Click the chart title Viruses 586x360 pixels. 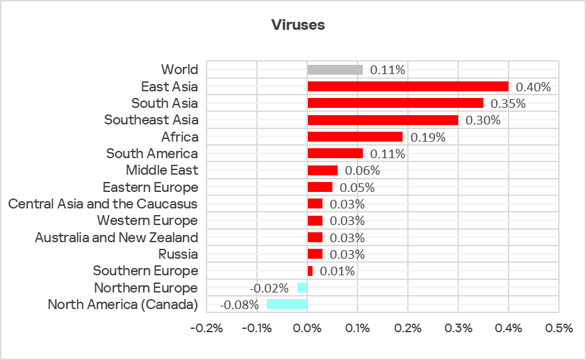(x=297, y=25)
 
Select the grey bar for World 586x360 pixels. (x=335, y=69)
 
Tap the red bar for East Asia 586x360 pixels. (x=408, y=87)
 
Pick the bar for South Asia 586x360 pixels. (x=395, y=103)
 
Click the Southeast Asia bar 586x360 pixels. (x=383, y=120)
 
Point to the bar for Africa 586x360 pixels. (x=355, y=137)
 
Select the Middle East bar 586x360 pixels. (x=322, y=170)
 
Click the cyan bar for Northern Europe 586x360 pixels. (x=303, y=288)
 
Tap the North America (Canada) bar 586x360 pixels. (x=287, y=304)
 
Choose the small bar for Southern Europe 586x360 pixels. (x=310, y=271)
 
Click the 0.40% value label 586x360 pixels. (x=533, y=87)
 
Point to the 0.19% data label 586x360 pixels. (x=428, y=137)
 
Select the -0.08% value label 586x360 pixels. (x=239, y=304)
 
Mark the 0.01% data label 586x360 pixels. (x=337, y=271)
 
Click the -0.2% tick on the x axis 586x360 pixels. (x=207, y=328)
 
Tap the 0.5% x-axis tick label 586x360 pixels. (x=559, y=328)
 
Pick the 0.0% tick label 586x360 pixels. (x=307, y=328)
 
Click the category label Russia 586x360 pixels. (x=178, y=254)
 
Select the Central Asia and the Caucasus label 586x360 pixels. (x=103, y=204)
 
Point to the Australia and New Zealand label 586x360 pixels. (x=116, y=237)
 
